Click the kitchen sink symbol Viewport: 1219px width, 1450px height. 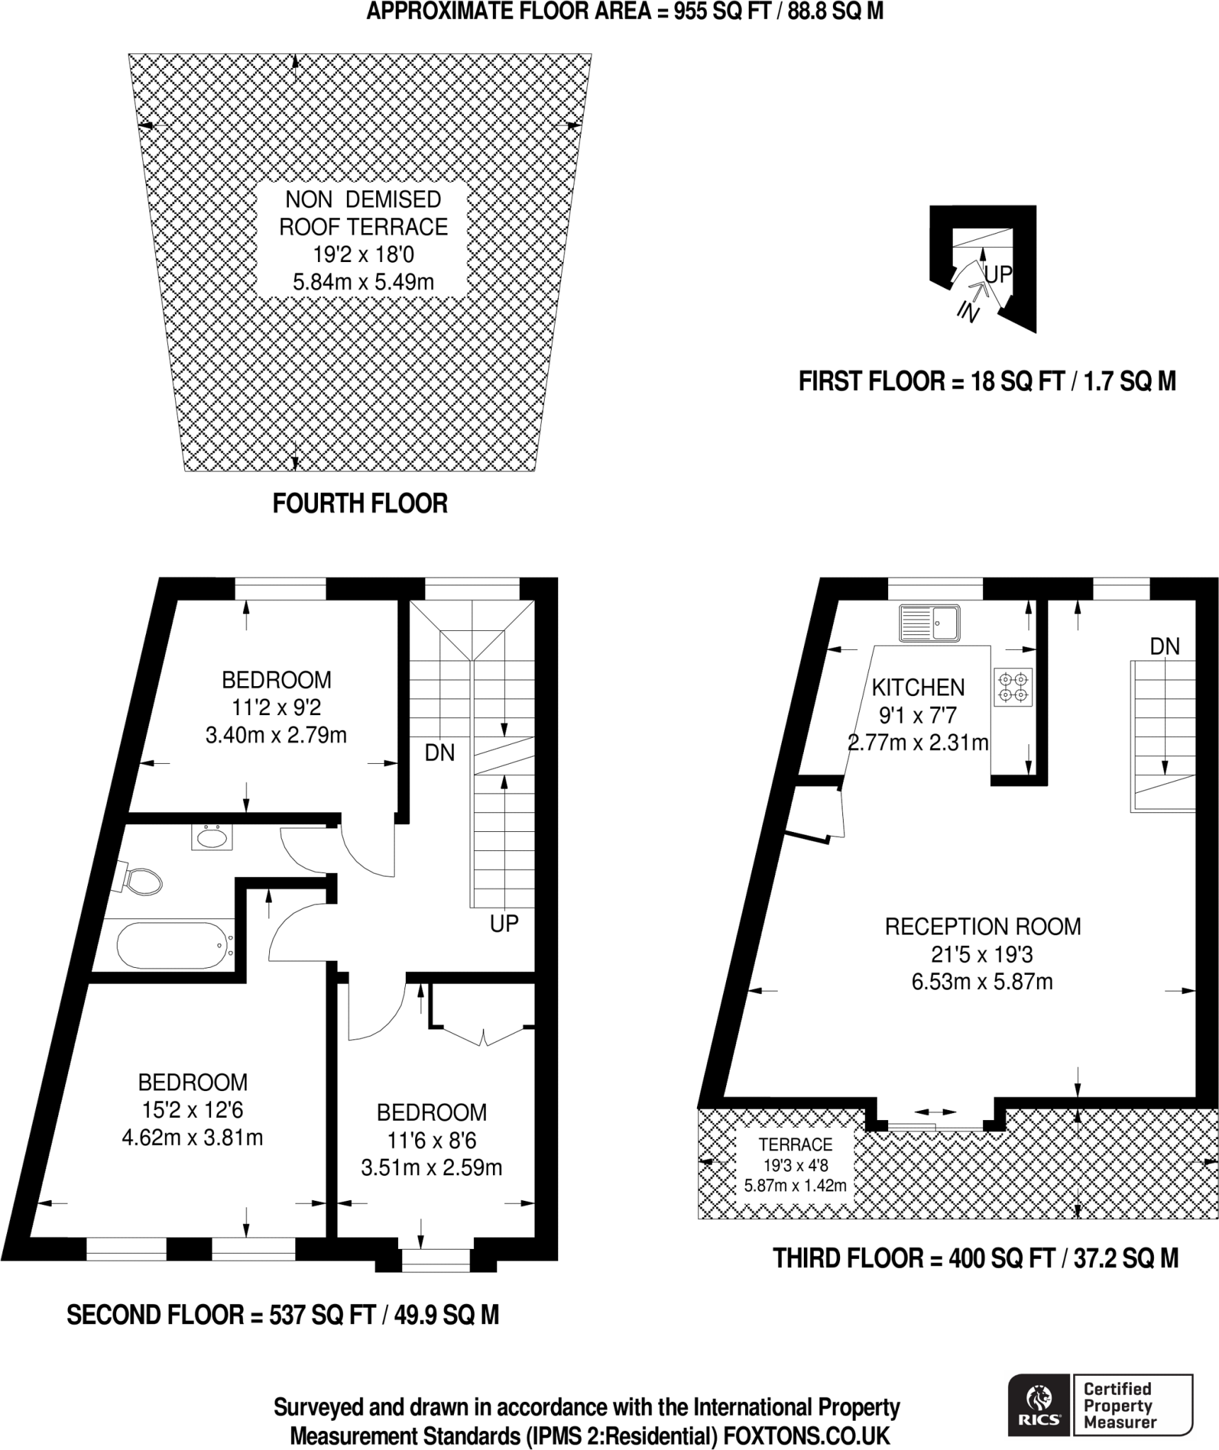click(x=929, y=623)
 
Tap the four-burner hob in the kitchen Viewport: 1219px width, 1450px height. click(x=1012, y=687)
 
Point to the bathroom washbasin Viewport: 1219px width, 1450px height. click(x=212, y=838)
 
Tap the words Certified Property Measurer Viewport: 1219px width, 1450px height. click(x=1119, y=1405)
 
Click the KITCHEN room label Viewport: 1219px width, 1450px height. click(x=917, y=687)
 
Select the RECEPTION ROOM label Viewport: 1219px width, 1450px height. click(x=982, y=927)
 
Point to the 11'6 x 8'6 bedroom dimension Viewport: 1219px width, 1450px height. click(x=431, y=1140)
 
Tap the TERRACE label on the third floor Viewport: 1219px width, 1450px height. click(x=795, y=1144)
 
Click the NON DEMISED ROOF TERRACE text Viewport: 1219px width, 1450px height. click(x=363, y=213)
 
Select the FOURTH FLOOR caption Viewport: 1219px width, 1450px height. click(x=360, y=503)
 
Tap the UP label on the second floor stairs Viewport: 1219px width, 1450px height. click(x=504, y=923)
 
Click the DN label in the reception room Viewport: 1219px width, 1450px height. click(x=1164, y=646)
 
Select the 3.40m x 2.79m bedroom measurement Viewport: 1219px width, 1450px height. click(x=276, y=736)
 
